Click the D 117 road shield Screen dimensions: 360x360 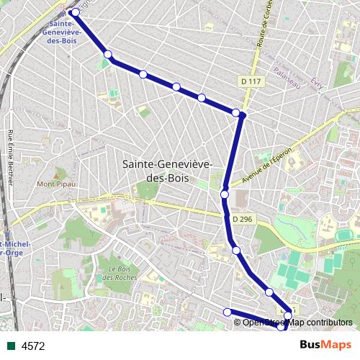[x=250, y=83]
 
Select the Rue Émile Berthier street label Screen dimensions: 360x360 [x=11, y=155]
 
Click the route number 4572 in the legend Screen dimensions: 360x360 [x=33, y=346]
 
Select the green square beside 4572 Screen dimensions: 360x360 [x=11, y=346]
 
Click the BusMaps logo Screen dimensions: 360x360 [x=325, y=345]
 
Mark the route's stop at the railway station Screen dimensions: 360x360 [x=75, y=12]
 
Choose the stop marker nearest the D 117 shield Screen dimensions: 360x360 [x=235, y=112]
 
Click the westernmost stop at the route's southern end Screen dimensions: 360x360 [x=228, y=312]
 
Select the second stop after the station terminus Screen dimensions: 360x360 [x=143, y=74]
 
